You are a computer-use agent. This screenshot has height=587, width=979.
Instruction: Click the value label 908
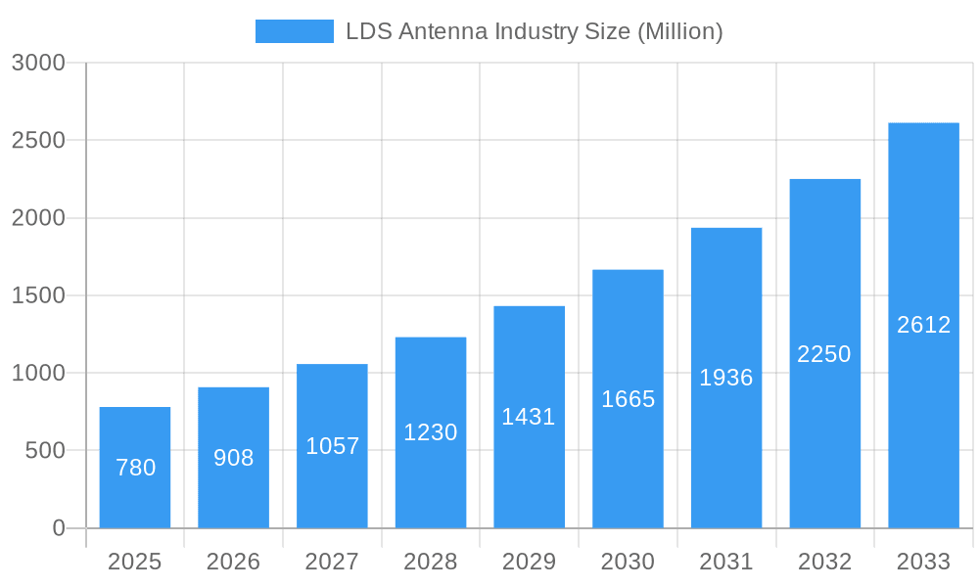point(234,458)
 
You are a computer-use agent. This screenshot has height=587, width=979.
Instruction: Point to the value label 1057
point(333,446)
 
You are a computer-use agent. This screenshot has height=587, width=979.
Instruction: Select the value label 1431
point(529,417)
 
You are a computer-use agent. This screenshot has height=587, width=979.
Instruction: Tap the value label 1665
point(628,399)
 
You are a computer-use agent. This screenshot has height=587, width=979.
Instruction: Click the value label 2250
point(824,354)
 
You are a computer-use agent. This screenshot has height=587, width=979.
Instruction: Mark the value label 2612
point(923,325)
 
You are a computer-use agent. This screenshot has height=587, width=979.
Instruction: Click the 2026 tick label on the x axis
point(234,562)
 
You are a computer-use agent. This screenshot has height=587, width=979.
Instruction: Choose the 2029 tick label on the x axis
point(529,562)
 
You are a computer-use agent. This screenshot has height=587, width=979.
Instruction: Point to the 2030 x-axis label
point(628,562)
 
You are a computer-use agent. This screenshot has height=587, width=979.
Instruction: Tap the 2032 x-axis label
point(824,562)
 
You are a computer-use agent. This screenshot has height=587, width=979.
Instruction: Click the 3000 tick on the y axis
point(38,64)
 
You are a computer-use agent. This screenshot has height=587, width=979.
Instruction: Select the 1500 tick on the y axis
point(38,295)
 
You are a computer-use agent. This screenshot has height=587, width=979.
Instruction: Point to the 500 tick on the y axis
point(45,451)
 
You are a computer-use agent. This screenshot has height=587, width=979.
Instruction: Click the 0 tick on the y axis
point(58,528)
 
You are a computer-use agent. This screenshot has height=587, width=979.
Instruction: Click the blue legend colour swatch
point(294,31)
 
